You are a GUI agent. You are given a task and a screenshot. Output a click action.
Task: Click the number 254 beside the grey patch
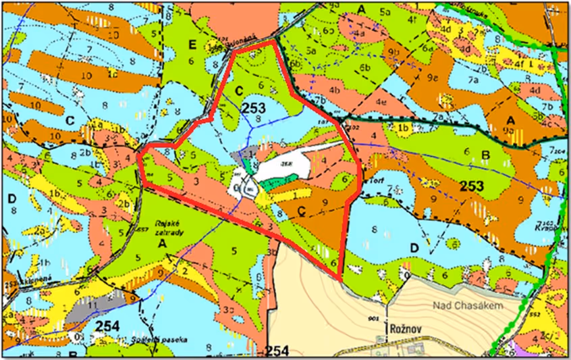(108, 326)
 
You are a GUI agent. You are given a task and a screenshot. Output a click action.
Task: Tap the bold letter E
(192, 45)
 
